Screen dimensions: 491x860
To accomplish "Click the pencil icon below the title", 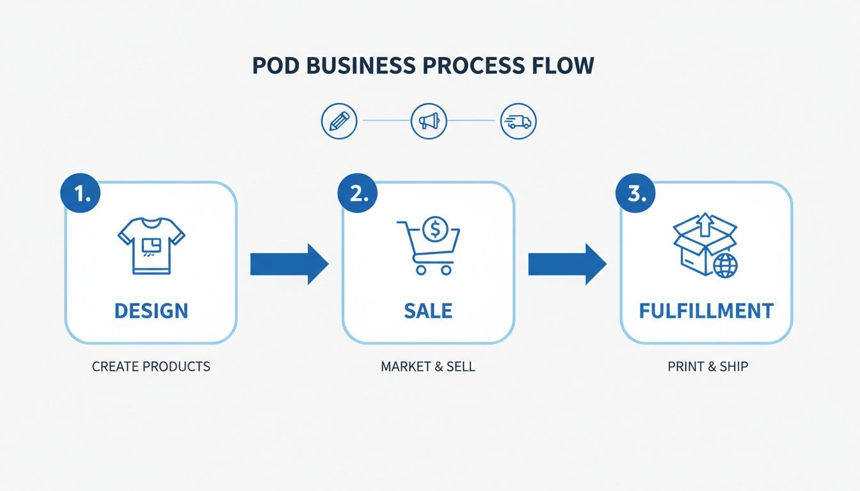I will point(338,121).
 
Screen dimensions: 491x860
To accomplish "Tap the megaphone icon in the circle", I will point(428,121).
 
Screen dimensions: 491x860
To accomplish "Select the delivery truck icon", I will point(518,121).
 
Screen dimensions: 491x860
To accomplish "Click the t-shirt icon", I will point(151,245).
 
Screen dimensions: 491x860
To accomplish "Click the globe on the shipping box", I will point(725,265).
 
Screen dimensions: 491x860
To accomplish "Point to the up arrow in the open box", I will point(705,225).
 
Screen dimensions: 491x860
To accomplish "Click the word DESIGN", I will point(151,311).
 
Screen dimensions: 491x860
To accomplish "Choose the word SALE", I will point(428,311).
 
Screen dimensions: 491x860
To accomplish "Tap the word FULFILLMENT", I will point(706,311).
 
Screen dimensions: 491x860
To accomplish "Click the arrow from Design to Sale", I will point(289,263).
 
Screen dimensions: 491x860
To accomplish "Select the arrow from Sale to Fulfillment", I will point(567,263).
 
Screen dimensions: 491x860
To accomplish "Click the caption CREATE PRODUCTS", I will point(151,367).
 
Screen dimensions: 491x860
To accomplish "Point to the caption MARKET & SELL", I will point(428,367).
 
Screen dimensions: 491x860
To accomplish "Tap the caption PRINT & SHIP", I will point(708,367).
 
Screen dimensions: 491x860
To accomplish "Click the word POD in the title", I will point(275,66).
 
